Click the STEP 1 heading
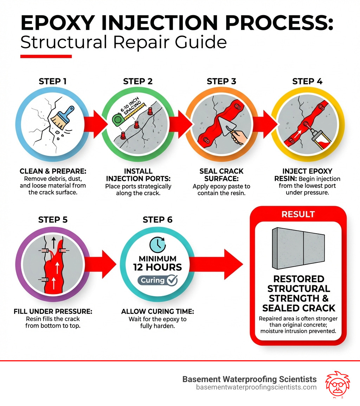(x=52, y=82)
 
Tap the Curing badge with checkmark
(x=157, y=280)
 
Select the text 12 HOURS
(x=157, y=267)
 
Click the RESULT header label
(x=298, y=214)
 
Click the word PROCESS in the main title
(x=274, y=24)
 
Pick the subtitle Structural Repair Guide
(x=123, y=42)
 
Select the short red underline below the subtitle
(x=46, y=56)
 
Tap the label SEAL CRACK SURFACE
(x=221, y=175)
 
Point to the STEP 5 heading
(x=52, y=220)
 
